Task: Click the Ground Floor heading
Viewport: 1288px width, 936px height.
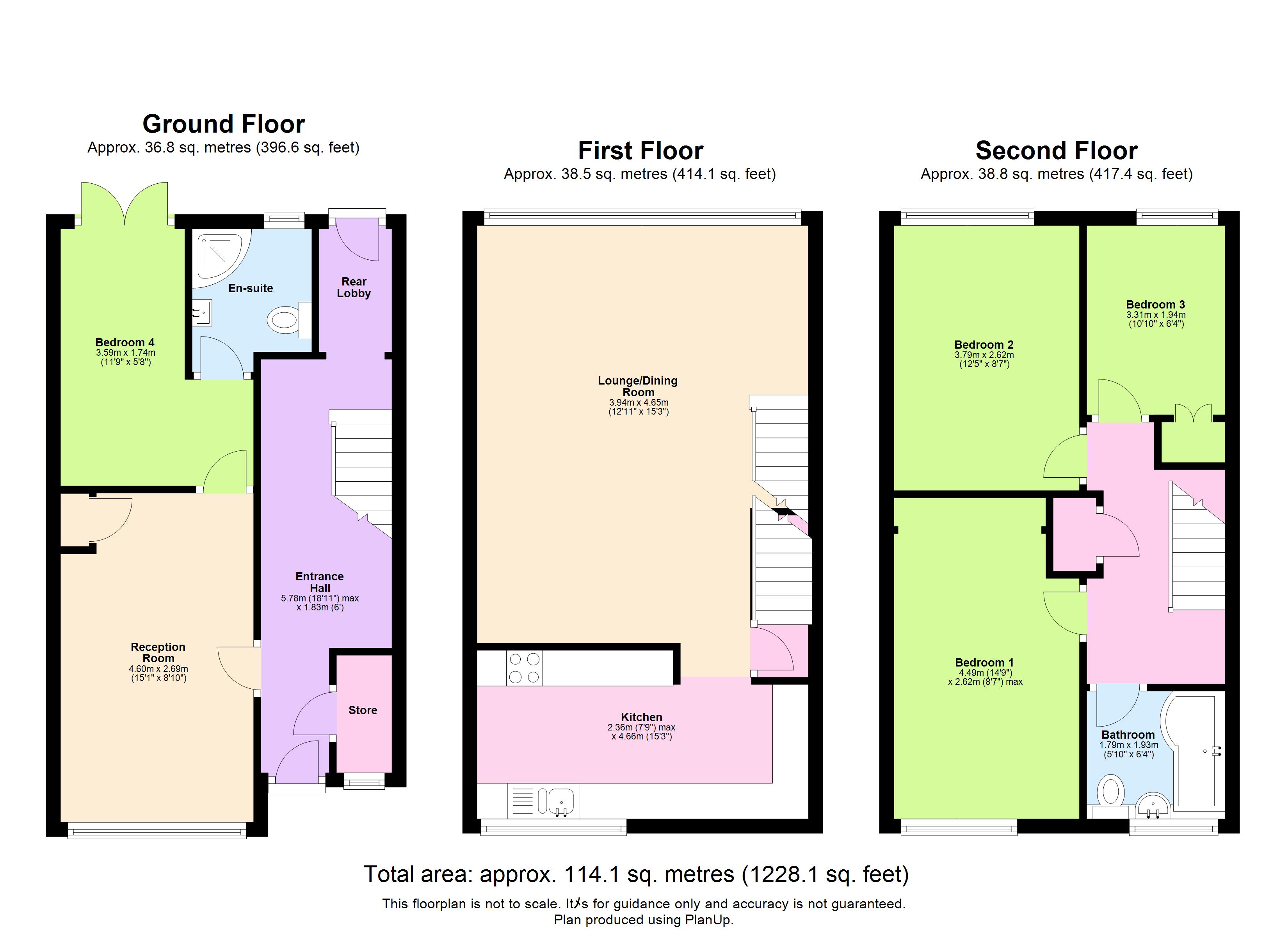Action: (223, 124)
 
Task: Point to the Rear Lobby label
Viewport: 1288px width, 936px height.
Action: (354, 287)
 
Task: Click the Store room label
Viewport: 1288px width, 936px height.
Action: (362, 710)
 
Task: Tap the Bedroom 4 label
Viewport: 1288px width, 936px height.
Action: (125, 342)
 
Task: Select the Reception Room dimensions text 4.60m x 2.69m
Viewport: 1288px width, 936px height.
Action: (158, 668)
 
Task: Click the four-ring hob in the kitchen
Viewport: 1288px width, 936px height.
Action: (524, 668)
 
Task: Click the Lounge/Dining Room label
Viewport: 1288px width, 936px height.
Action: (637, 386)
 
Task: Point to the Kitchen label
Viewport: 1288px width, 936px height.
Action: (641, 717)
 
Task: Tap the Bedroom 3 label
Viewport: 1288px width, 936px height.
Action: (1155, 304)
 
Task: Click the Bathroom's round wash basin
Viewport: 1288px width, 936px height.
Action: (1153, 806)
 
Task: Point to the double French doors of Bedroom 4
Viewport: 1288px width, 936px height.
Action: (125, 204)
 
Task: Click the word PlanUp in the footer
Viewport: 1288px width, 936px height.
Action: (707, 920)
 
